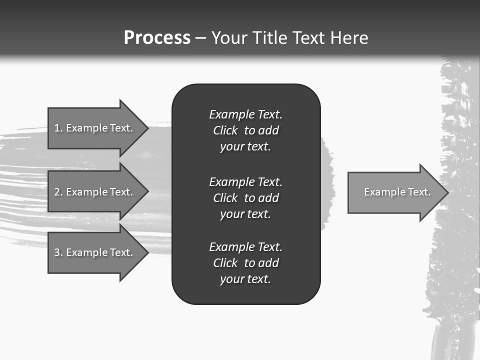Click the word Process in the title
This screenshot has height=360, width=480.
[x=157, y=38]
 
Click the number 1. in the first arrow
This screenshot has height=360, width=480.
[x=58, y=128]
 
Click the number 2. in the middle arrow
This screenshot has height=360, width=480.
[x=58, y=192]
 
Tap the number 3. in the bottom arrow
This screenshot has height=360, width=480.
[x=58, y=252]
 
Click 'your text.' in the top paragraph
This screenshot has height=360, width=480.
[x=245, y=147]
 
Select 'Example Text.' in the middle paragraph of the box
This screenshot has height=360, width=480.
[x=245, y=181]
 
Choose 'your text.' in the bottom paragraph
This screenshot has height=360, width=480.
[x=245, y=279]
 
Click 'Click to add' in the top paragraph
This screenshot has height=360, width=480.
[x=245, y=130]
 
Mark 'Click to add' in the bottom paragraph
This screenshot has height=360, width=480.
[x=245, y=263]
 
